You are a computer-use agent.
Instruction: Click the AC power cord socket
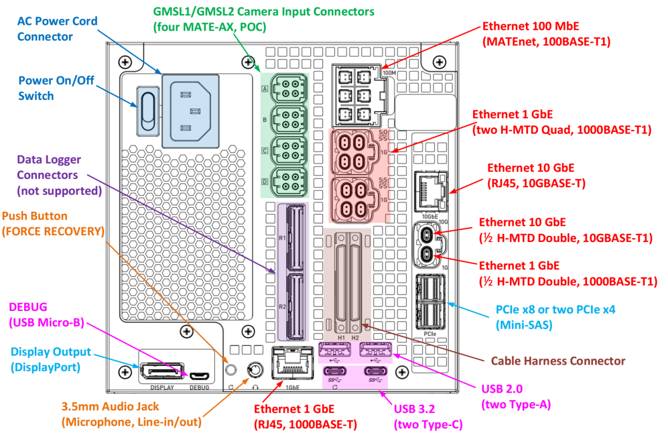pyautogui.click(x=190, y=111)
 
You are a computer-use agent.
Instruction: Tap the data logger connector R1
pyautogui.click(x=293, y=238)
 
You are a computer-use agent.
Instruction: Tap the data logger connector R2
pyautogui.click(x=293, y=306)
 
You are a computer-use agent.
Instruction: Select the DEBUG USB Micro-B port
pyautogui.click(x=199, y=376)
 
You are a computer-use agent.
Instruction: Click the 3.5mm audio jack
pyautogui.click(x=255, y=370)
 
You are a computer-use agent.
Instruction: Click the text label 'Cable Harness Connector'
pyautogui.click(x=558, y=361)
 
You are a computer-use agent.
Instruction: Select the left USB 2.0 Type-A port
pyautogui.click(x=336, y=351)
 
